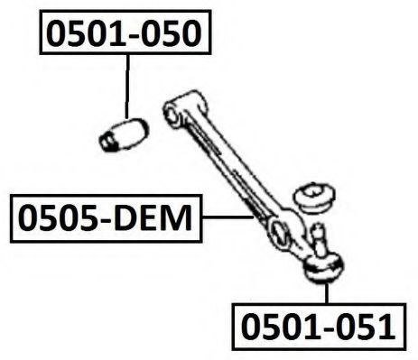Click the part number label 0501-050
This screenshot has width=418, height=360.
point(125,32)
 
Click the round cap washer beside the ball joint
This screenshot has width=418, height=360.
point(315,194)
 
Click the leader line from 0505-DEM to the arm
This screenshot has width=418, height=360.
point(226,217)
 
